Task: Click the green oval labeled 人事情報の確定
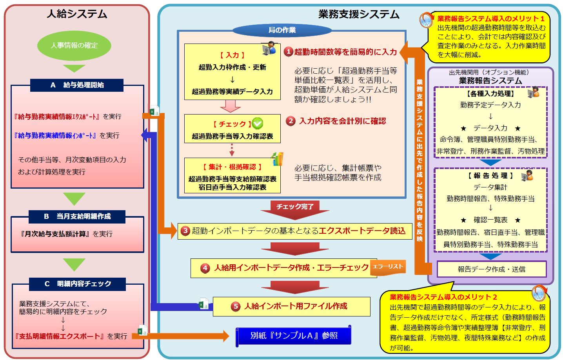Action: (x=74, y=45)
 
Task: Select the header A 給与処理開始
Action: (x=77, y=85)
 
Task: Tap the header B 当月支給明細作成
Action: (x=77, y=216)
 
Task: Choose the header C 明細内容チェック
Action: (x=77, y=284)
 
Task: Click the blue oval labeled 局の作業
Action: (x=282, y=30)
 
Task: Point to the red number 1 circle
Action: (x=289, y=52)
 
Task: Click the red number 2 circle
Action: (x=291, y=121)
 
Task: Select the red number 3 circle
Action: (x=185, y=231)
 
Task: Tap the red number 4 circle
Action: (x=205, y=268)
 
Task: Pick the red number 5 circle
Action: (x=235, y=306)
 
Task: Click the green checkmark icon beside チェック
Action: (x=258, y=124)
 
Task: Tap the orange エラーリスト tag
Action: (x=387, y=267)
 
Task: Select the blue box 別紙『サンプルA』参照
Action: (x=293, y=336)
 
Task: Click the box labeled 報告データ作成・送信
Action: (x=491, y=269)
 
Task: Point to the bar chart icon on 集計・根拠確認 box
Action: (x=277, y=159)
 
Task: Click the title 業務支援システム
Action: (x=358, y=15)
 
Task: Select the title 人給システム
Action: (x=77, y=14)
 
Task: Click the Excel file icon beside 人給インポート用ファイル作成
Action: (x=203, y=304)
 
